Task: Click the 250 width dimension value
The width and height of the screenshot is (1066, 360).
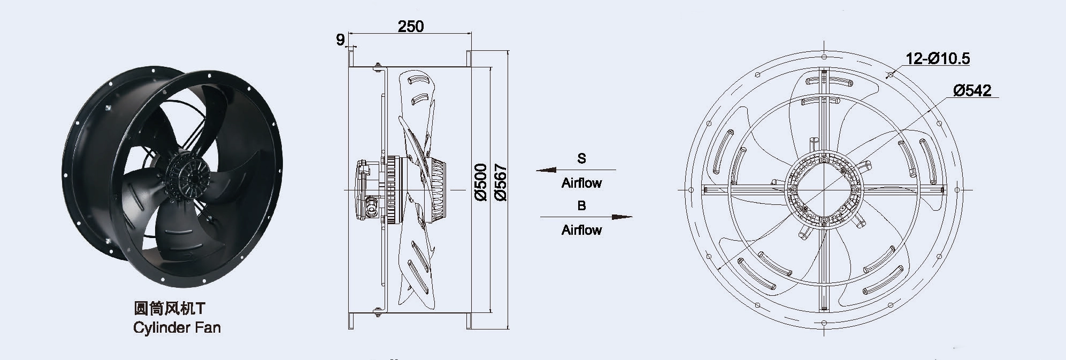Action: click(x=411, y=26)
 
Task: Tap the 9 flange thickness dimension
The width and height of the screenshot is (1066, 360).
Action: click(x=340, y=40)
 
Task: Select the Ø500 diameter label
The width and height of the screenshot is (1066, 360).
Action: click(x=480, y=182)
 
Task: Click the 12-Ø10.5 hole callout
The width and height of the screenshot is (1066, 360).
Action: click(x=938, y=58)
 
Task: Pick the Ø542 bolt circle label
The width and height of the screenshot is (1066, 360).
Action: click(x=972, y=90)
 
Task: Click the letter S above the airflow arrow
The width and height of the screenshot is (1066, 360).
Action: click(x=581, y=158)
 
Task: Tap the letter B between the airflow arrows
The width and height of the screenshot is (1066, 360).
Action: click(x=581, y=205)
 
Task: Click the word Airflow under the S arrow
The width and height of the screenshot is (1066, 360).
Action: click(x=581, y=183)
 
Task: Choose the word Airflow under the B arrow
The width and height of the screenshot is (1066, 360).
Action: click(x=581, y=230)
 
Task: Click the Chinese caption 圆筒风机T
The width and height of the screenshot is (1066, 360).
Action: click(x=170, y=309)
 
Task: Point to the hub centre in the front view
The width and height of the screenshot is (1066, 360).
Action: click(x=824, y=189)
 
